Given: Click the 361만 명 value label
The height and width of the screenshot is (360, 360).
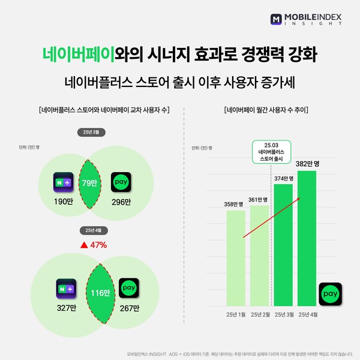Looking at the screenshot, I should pyautogui.click(x=259, y=200).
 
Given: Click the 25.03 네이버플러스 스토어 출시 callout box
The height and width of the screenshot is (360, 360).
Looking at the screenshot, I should pyautogui.click(x=271, y=152).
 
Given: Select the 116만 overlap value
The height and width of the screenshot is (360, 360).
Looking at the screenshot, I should pyautogui.click(x=101, y=293).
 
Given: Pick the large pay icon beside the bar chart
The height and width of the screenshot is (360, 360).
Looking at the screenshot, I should pyautogui.click(x=329, y=293).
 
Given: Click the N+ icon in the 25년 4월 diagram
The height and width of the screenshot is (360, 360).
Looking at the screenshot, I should pyautogui.click(x=66, y=289).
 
